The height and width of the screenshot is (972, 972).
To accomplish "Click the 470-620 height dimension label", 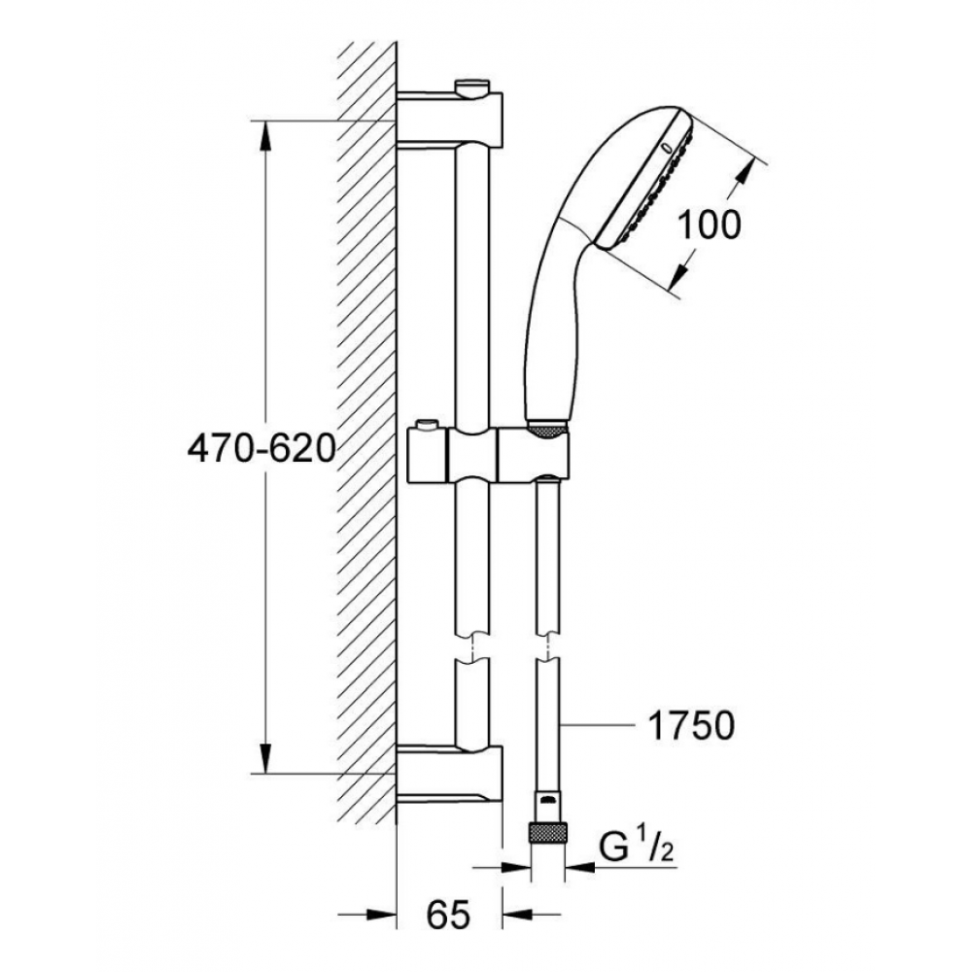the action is point(260,448).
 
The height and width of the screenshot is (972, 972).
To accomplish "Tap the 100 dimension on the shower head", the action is point(710,226).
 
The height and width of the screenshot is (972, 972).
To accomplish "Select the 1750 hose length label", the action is point(691,725).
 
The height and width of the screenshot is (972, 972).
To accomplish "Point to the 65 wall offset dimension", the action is point(449,915).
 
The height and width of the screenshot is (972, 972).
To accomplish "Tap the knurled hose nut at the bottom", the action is point(548,832).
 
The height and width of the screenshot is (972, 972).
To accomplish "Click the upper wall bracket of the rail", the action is point(449,118).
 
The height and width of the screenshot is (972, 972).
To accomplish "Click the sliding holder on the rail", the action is point(488,454).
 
